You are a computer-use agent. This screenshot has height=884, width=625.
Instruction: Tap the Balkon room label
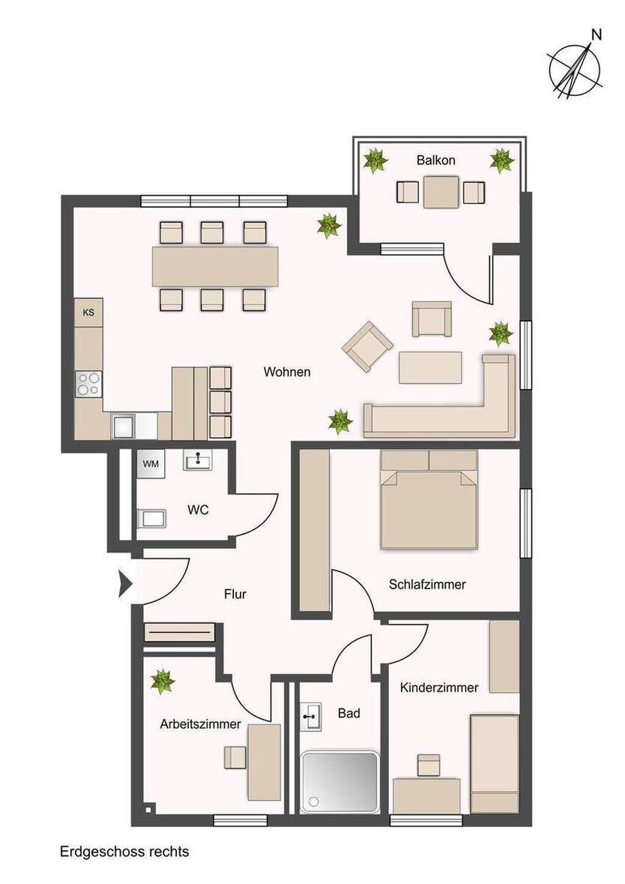435,160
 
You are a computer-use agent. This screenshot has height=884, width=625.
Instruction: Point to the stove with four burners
88,384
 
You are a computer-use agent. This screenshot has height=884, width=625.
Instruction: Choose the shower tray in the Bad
339,782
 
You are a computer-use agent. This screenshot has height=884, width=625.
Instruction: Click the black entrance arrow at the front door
124,583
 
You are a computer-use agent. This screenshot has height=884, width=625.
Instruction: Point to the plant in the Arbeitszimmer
162,682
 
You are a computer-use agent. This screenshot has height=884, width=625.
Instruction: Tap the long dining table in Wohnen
214,266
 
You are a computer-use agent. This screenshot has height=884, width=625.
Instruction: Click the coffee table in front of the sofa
430,367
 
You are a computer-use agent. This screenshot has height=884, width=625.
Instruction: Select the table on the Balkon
440,192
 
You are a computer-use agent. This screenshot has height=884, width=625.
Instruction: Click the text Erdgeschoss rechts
124,852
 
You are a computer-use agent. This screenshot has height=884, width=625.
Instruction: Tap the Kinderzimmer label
438,688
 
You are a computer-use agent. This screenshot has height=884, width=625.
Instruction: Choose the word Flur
235,595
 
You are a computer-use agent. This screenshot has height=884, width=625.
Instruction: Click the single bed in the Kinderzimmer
494,763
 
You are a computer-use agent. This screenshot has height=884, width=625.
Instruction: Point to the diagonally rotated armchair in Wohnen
368,346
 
